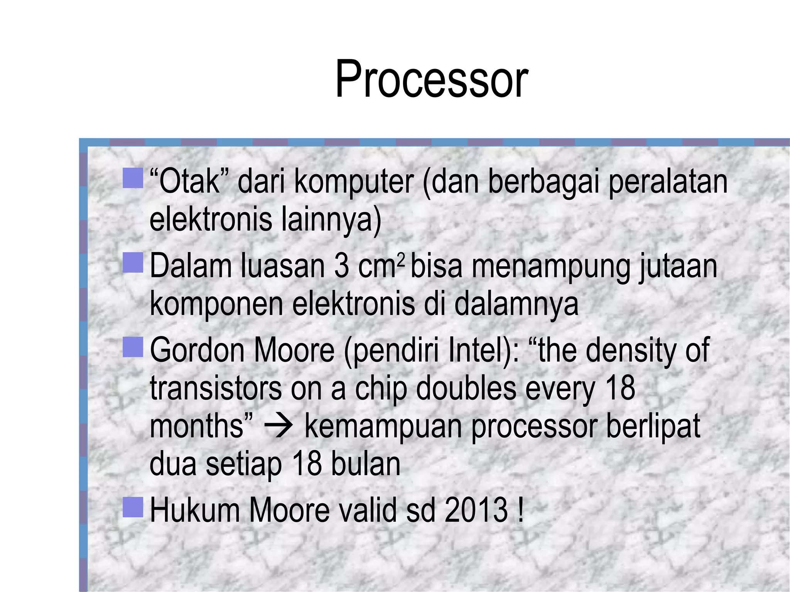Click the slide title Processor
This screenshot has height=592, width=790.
[431, 80]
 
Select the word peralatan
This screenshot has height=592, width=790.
[668, 182]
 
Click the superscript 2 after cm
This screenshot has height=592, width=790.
[401, 259]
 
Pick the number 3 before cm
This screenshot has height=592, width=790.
[341, 266]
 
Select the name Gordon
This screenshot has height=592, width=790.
[197, 350]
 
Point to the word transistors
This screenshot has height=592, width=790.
[215, 388]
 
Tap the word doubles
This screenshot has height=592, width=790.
[466, 388]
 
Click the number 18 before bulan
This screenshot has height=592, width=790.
[307, 464]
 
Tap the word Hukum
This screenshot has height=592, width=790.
[195, 510]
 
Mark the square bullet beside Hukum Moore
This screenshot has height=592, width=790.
[133, 506]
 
